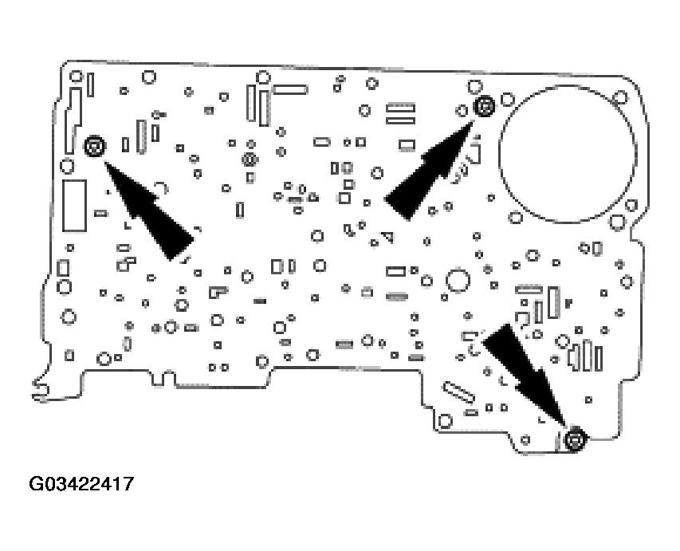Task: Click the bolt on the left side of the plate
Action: tap(94, 146)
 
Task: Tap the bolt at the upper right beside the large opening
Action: tap(482, 106)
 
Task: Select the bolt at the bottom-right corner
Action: tap(575, 439)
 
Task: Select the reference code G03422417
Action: tap(81, 484)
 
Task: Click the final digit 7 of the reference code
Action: tap(128, 484)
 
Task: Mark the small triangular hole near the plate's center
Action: tap(388, 236)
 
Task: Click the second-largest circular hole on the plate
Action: tap(457, 281)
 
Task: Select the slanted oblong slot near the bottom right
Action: tap(458, 392)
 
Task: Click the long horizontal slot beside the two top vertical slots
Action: tap(289, 89)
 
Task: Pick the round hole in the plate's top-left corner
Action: tap(77, 77)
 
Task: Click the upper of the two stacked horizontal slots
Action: tap(401, 106)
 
